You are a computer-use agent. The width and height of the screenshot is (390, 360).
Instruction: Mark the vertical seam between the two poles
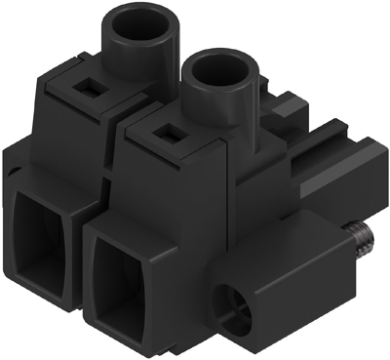tap(115, 166)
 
